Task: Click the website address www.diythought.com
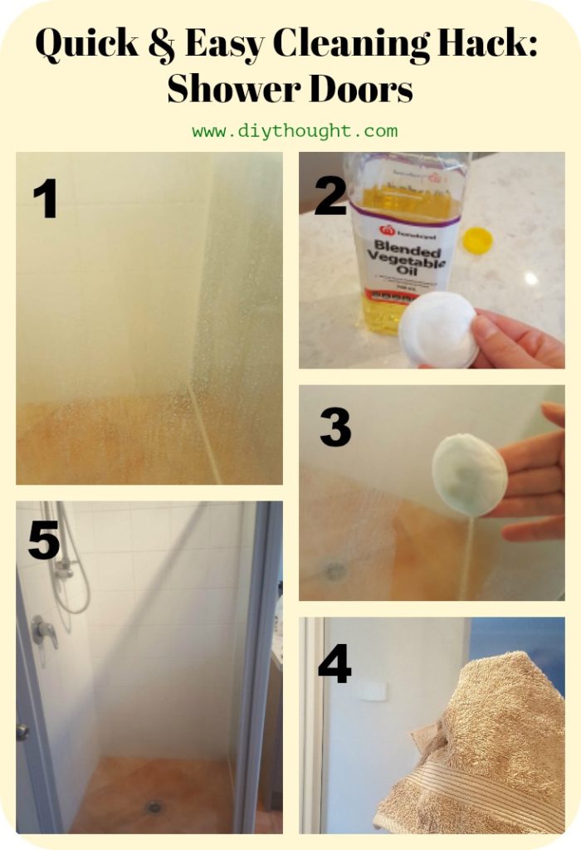point(295,131)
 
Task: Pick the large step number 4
point(334,663)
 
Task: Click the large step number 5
point(44,540)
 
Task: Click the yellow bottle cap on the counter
point(477,240)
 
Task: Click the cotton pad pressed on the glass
point(469,474)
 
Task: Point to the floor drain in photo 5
point(154,806)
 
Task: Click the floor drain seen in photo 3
point(334,570)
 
